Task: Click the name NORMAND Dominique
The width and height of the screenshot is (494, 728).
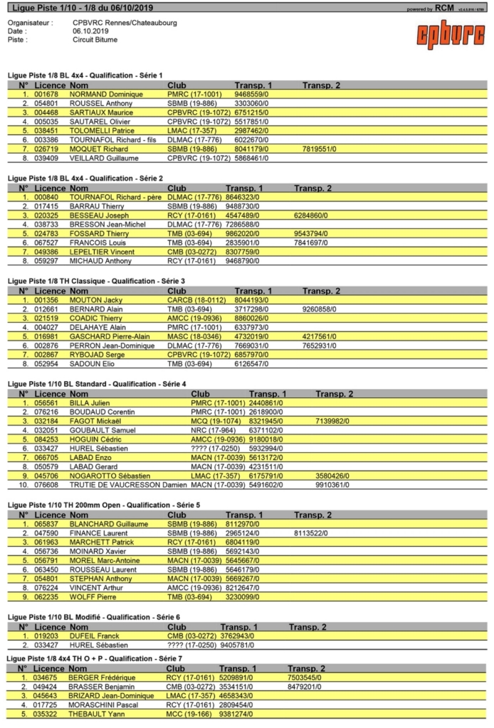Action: coord(106,94)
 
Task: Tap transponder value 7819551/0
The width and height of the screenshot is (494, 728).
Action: coord(320,149)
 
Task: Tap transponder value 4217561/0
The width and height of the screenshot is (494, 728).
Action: coord(320,337)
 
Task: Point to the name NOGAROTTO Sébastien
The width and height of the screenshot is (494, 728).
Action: coord(107,476)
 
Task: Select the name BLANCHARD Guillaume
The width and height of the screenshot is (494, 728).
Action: coord(108,523)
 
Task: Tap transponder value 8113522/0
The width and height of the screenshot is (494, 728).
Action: coord(311,532)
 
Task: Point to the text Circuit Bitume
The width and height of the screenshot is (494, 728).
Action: coord(95,40)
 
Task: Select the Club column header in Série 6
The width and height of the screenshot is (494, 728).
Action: coord(177,627)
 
